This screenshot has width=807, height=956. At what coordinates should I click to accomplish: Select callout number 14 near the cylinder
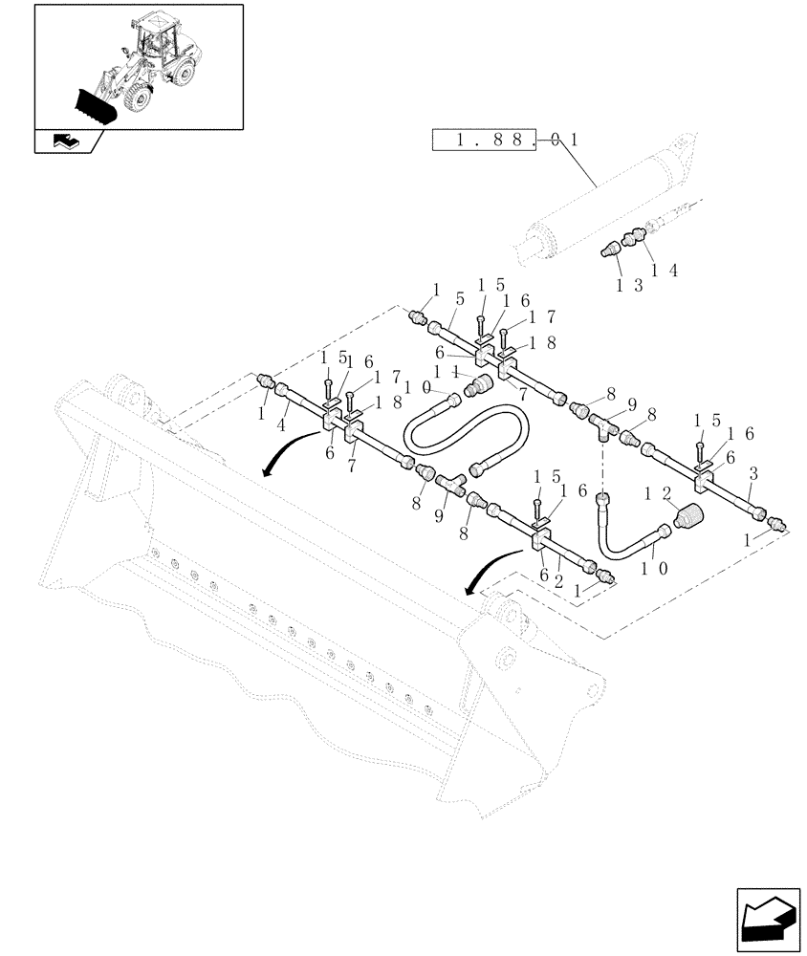pos(663,272)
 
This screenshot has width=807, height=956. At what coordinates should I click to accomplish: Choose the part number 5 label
pos(460,299)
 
